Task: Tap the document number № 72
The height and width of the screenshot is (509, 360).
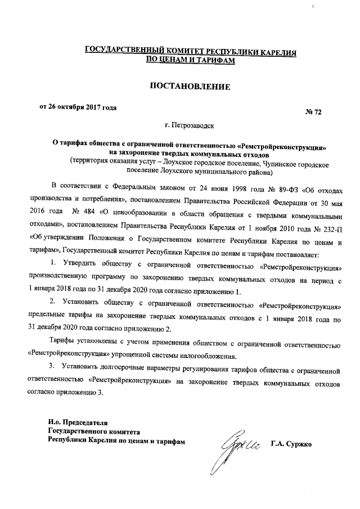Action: [x=313, y=113]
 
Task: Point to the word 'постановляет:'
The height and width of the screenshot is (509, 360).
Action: [x=274, y=250]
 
